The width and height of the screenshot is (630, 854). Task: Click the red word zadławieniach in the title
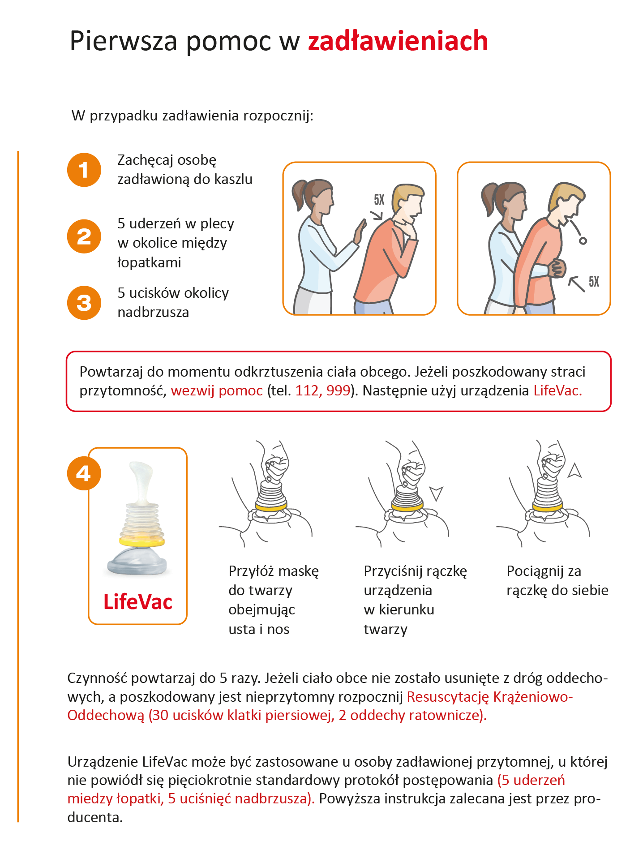click(398, 41)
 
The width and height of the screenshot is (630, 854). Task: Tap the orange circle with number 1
click(84, 170)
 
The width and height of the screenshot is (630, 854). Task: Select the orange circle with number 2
click(84, 236)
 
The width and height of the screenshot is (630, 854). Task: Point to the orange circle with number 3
click(84, 303)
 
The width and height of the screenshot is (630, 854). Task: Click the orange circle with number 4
click(84, 473)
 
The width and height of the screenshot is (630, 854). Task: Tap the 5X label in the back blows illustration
click(379, 200)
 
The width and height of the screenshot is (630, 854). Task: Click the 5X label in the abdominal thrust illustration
click(594, 282)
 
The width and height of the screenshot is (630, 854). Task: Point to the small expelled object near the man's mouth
click(583, 241)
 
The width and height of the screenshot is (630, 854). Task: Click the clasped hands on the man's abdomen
click(557, 268)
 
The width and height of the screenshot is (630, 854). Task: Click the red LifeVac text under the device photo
click(138, 602)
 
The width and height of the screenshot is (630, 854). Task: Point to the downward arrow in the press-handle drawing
click(436, 493)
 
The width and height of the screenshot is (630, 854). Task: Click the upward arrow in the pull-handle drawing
click(574, 471)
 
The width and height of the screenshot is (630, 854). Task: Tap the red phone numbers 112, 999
click(322, 391)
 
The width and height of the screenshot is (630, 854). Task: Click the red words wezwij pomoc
click(217, 391)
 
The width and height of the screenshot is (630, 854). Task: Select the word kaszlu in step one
click(233, 179)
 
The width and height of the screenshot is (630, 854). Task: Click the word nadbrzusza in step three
click(153, 312)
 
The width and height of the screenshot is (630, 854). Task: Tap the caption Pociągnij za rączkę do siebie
click(557, 581)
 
